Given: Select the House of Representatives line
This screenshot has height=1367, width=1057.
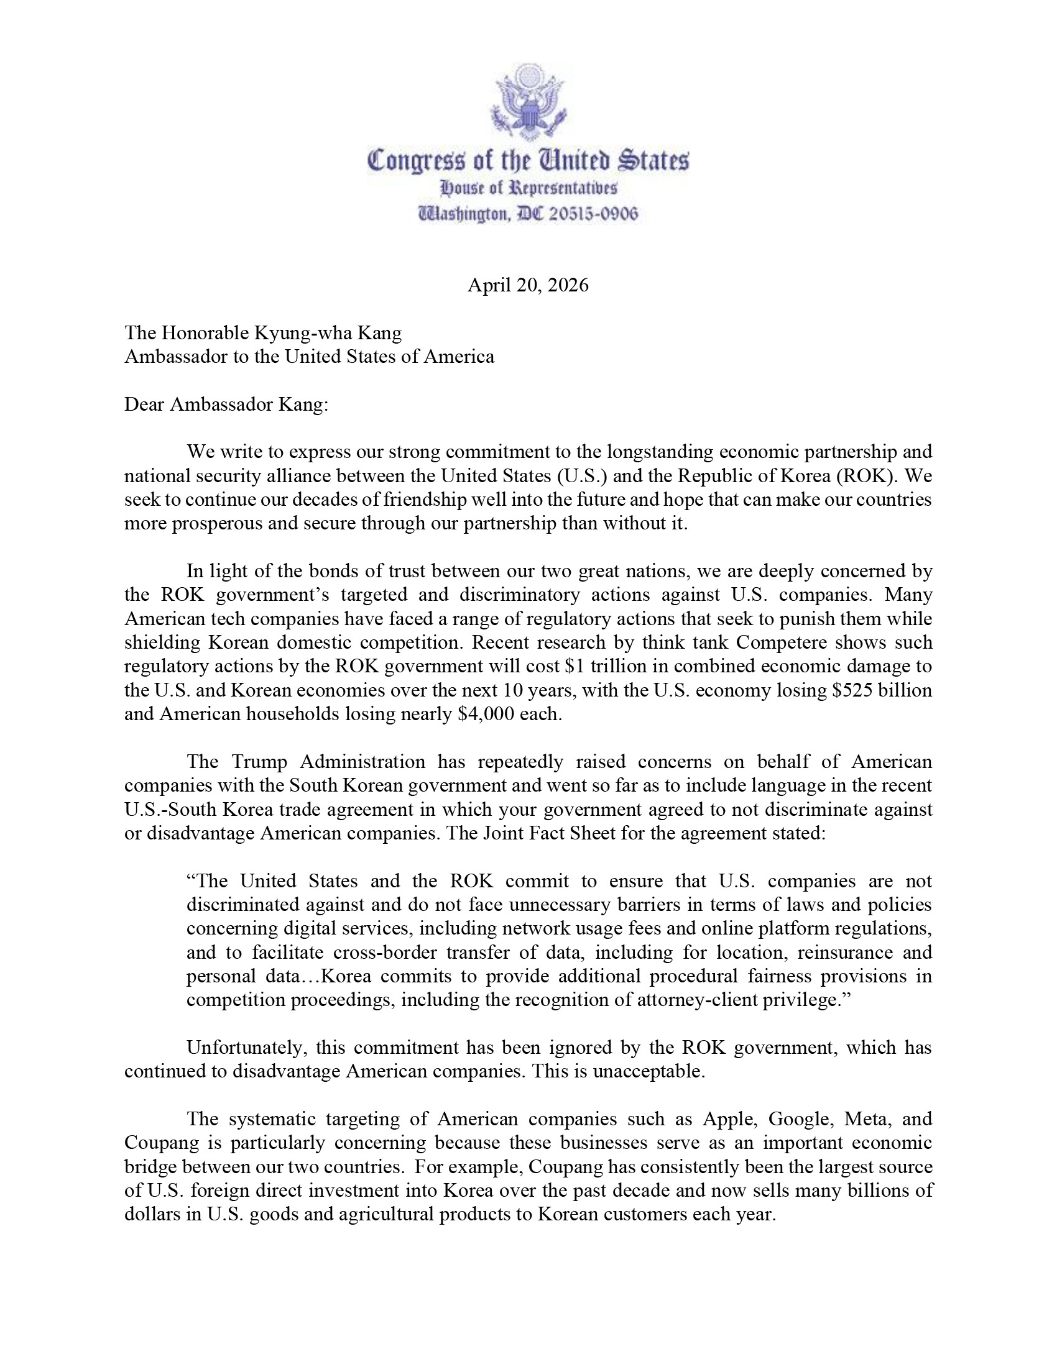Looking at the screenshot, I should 528,188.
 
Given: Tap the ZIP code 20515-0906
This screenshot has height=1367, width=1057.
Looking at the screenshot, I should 594,215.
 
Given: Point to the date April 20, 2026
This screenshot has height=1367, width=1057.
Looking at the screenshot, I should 528,285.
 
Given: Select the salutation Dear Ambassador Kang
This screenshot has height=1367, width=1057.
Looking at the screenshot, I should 226,405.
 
